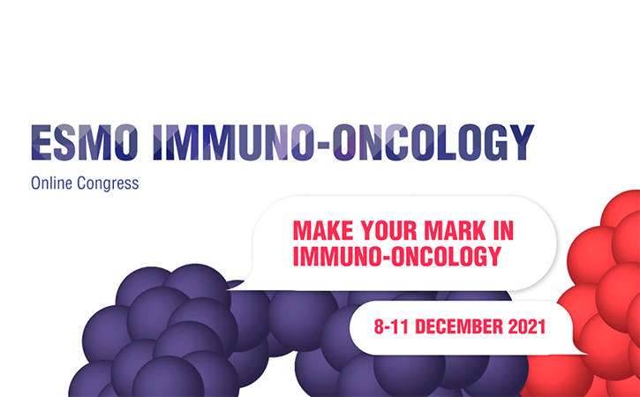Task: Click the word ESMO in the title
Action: click(85, 142)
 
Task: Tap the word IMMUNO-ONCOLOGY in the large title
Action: click(343, 142)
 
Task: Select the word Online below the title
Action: click(51, 183)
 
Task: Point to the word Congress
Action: click(108, 184)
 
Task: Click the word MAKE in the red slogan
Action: click(323, 230)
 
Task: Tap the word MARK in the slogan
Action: click(456, 230)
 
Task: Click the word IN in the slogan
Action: click(503, 230)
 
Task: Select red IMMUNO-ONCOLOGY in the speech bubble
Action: click(397, 256)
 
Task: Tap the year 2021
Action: click(527, 326)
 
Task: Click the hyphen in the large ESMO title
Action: click(323, 144)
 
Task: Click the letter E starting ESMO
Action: click(41, 142)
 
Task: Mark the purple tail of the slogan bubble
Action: click(236, 283)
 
